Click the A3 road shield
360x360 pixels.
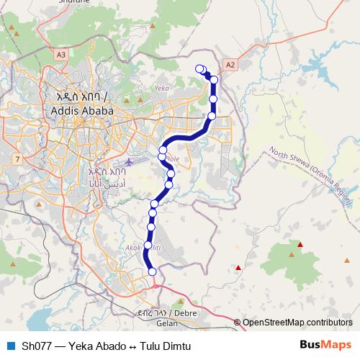60,54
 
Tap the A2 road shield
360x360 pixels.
230,65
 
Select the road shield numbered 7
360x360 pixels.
17,158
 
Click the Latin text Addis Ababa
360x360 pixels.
82,111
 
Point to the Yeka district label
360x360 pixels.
160,89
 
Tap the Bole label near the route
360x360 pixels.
173,158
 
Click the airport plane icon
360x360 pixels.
129,161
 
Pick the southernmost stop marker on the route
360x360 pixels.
152,271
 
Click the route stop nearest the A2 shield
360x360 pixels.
214,80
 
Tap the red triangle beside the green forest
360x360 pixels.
300,245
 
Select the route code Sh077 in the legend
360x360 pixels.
35,346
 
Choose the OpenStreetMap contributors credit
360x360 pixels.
297,323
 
